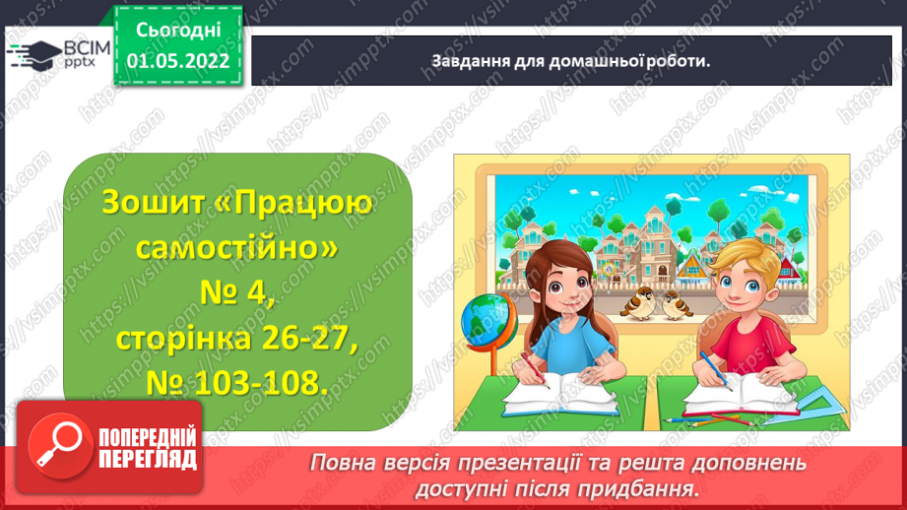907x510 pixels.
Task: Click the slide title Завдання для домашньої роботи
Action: click(x=571, y=60)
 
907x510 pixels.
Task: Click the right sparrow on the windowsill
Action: click(x=677, y=305)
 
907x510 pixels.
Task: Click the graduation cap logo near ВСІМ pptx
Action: click(x=31, y=55)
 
